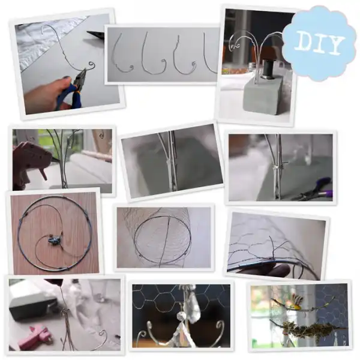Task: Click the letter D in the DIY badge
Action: [x=303, y=43]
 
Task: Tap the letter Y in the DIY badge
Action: [x=335, y=45]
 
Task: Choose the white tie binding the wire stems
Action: [x=274, y=166]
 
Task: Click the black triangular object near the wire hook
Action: [x=96, y=34]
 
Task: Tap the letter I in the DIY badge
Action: [x=319, y=43]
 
